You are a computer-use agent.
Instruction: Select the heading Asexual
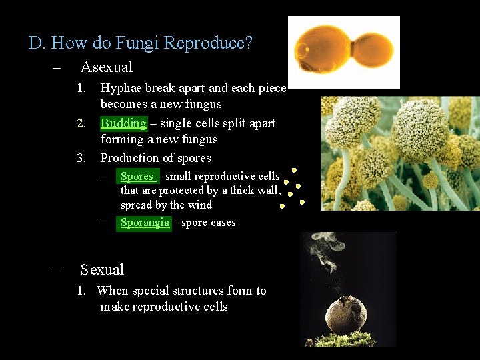[107, 67]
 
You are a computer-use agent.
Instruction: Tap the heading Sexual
[102, 269]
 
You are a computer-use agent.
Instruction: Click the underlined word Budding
[123, 123]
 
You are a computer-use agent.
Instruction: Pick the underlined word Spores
[137, 177]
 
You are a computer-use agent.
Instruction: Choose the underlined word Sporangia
[145, 223]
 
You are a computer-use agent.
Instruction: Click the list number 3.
[81, 158]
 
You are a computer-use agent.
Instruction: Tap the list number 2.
[81, 123]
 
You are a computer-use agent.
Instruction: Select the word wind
[199, 205]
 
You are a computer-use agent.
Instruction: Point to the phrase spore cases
[208, 223]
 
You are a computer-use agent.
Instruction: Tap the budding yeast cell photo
[343, 52]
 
